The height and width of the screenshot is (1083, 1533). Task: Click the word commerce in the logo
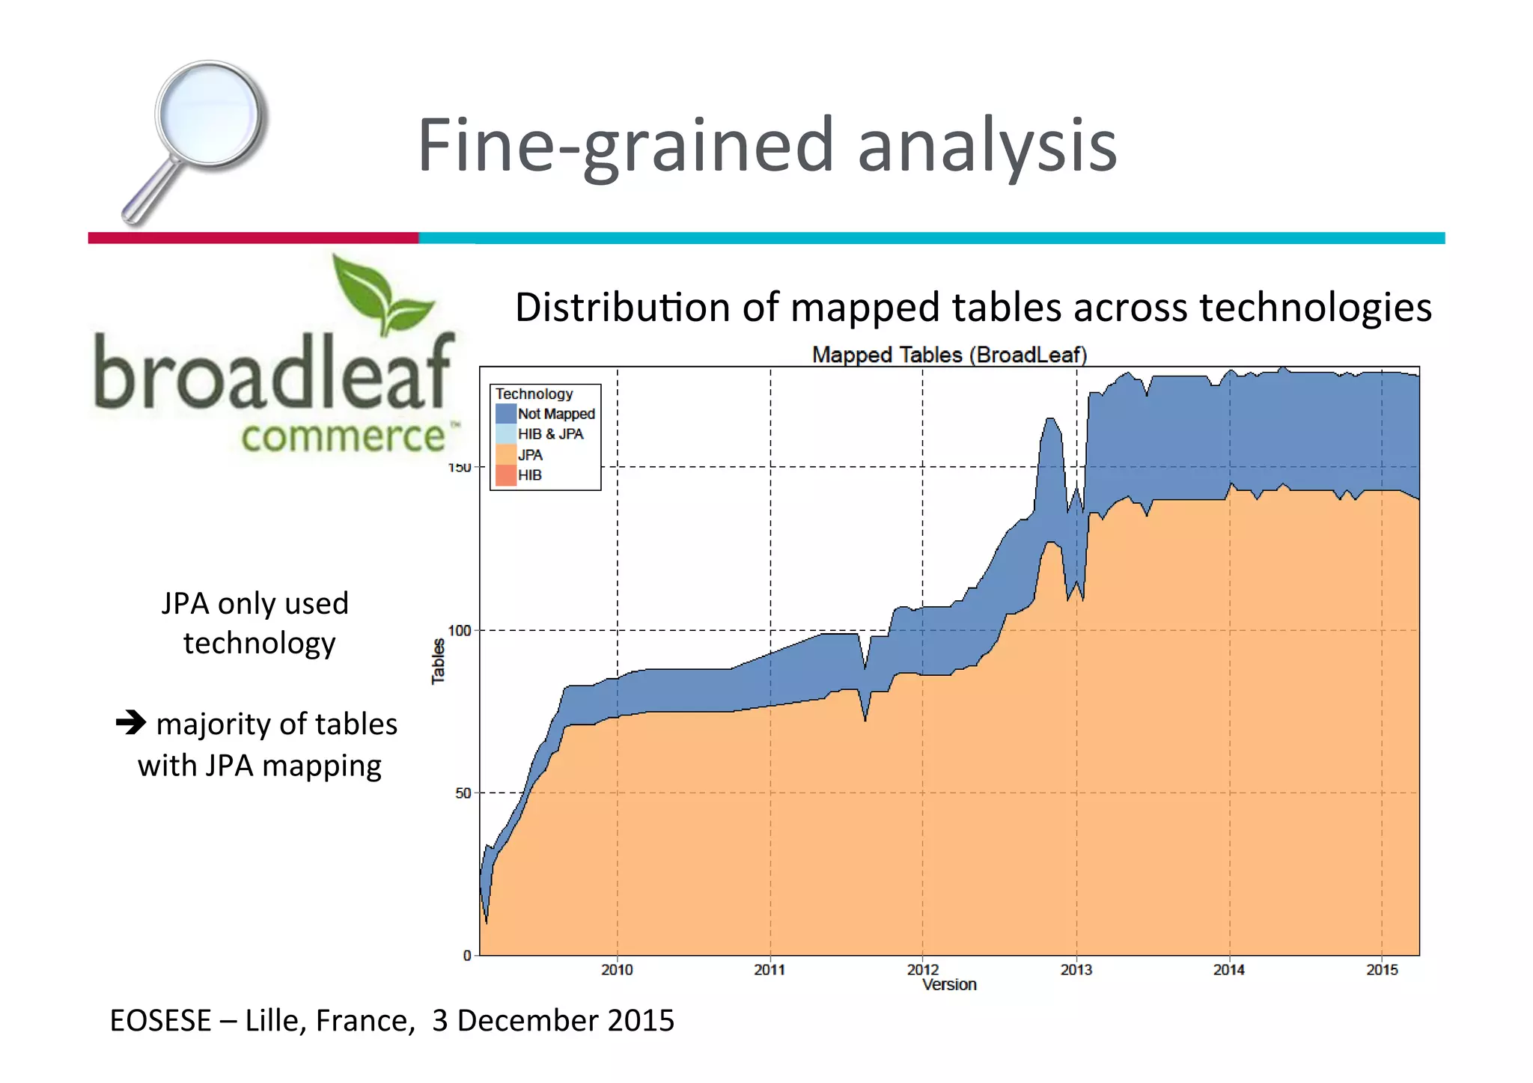(x=344, y=436)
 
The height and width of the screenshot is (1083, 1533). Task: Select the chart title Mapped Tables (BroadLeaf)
(x=949, y=355)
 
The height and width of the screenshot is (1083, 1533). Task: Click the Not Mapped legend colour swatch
(x=506, y=414)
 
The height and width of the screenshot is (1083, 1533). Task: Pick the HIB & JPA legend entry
(x=550, y=434)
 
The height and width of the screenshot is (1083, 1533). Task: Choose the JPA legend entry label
(x=530, y=455)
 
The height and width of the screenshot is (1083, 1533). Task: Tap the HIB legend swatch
(x=506, y=475)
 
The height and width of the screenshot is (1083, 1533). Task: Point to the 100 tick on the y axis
(x=460, y=631)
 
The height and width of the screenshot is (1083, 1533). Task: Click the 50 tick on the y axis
(x=463, y=793)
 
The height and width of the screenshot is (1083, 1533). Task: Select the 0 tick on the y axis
(x=467, y=956)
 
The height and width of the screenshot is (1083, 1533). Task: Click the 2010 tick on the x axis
(x=617, y=970)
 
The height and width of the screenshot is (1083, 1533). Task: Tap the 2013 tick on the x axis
(x=1076, y=970)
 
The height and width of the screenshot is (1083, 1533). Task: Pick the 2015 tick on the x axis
(x=1382, y=970)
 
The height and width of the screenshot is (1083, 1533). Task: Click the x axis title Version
(x=949, y=985)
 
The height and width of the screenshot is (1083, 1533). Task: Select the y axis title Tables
(x=438, y=662)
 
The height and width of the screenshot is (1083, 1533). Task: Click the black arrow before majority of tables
(x=131, y=722)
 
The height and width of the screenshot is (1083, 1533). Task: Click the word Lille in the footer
(x=275, y=1021)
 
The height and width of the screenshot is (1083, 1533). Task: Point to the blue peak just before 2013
(x=1050, y=427)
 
